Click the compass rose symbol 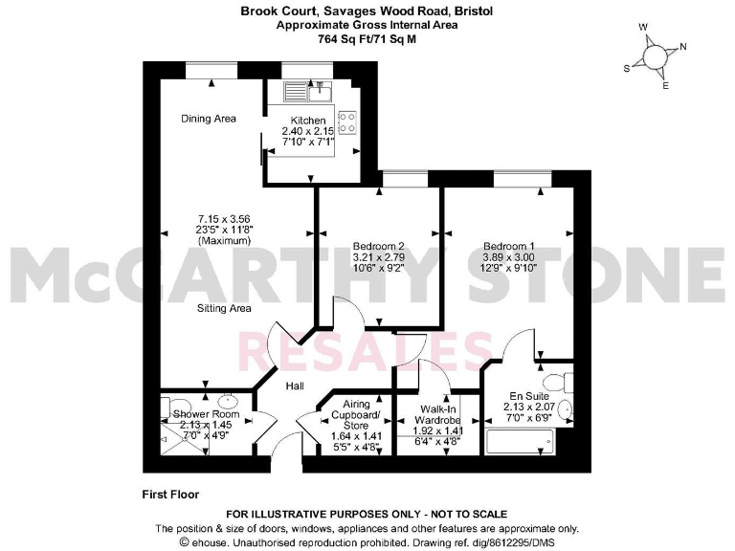click(657, 58)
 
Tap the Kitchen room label click(308, 121)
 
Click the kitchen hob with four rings click(349, 123)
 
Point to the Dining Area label click(209, 119)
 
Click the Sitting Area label click(224, 308)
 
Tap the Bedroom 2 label click(379, 244)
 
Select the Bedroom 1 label click(509, 244)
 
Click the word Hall click(295, 386)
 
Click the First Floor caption click(172, 495)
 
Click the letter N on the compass click(683, 47)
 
